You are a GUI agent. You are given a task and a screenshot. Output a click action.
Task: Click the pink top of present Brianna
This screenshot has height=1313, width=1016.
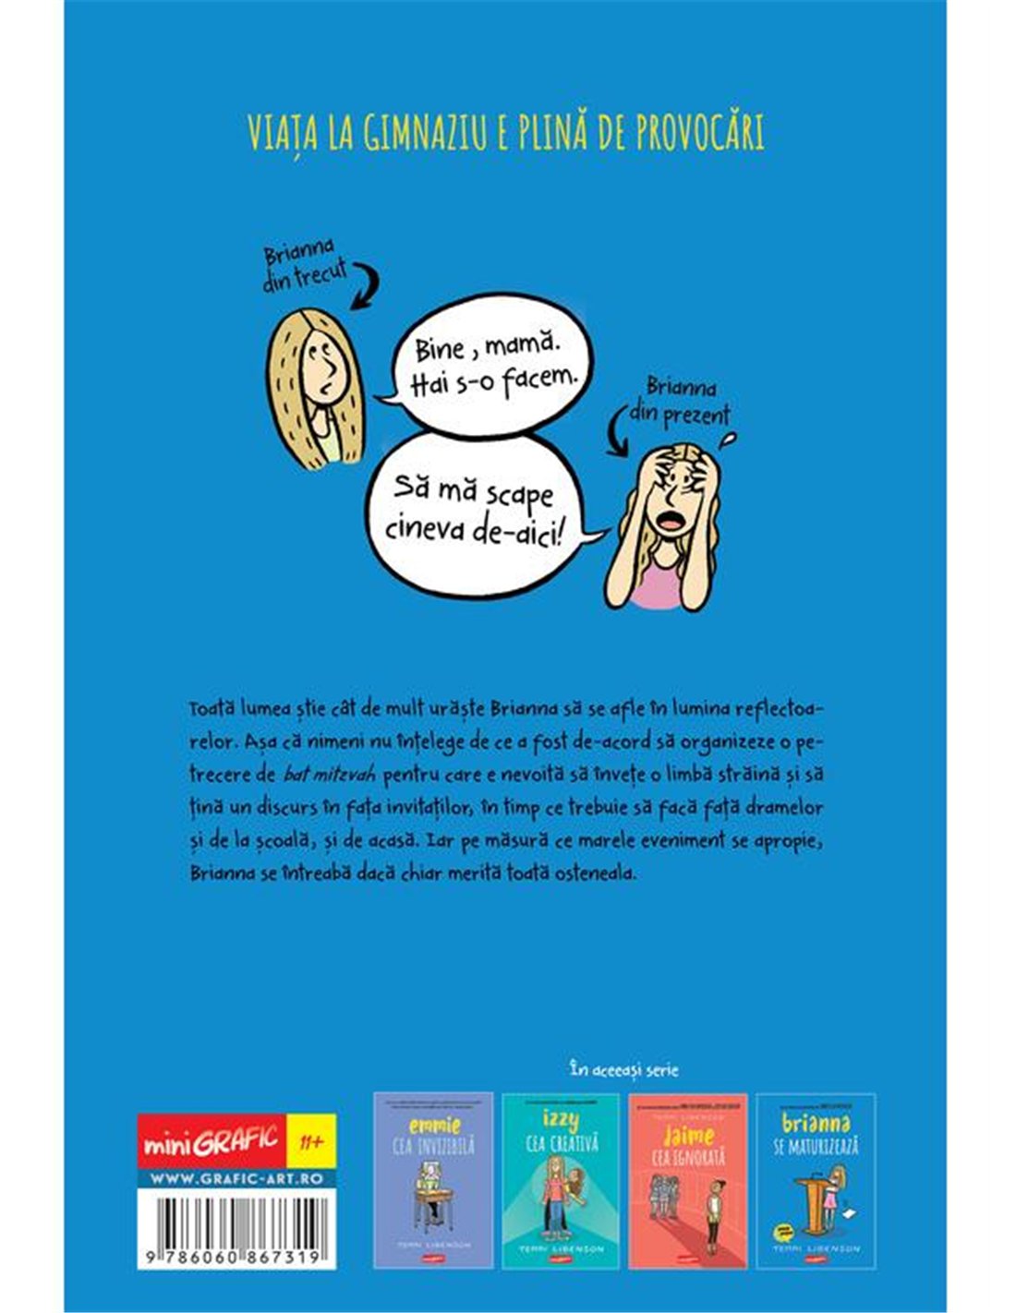pos(671,590)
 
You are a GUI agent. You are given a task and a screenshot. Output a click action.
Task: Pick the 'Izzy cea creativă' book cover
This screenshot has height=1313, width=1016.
pos(560,1180)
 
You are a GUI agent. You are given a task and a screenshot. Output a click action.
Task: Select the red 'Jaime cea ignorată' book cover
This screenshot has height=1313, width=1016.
pos(687,1180)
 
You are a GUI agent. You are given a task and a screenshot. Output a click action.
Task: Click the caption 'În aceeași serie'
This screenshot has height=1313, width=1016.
pos(624,1070)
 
